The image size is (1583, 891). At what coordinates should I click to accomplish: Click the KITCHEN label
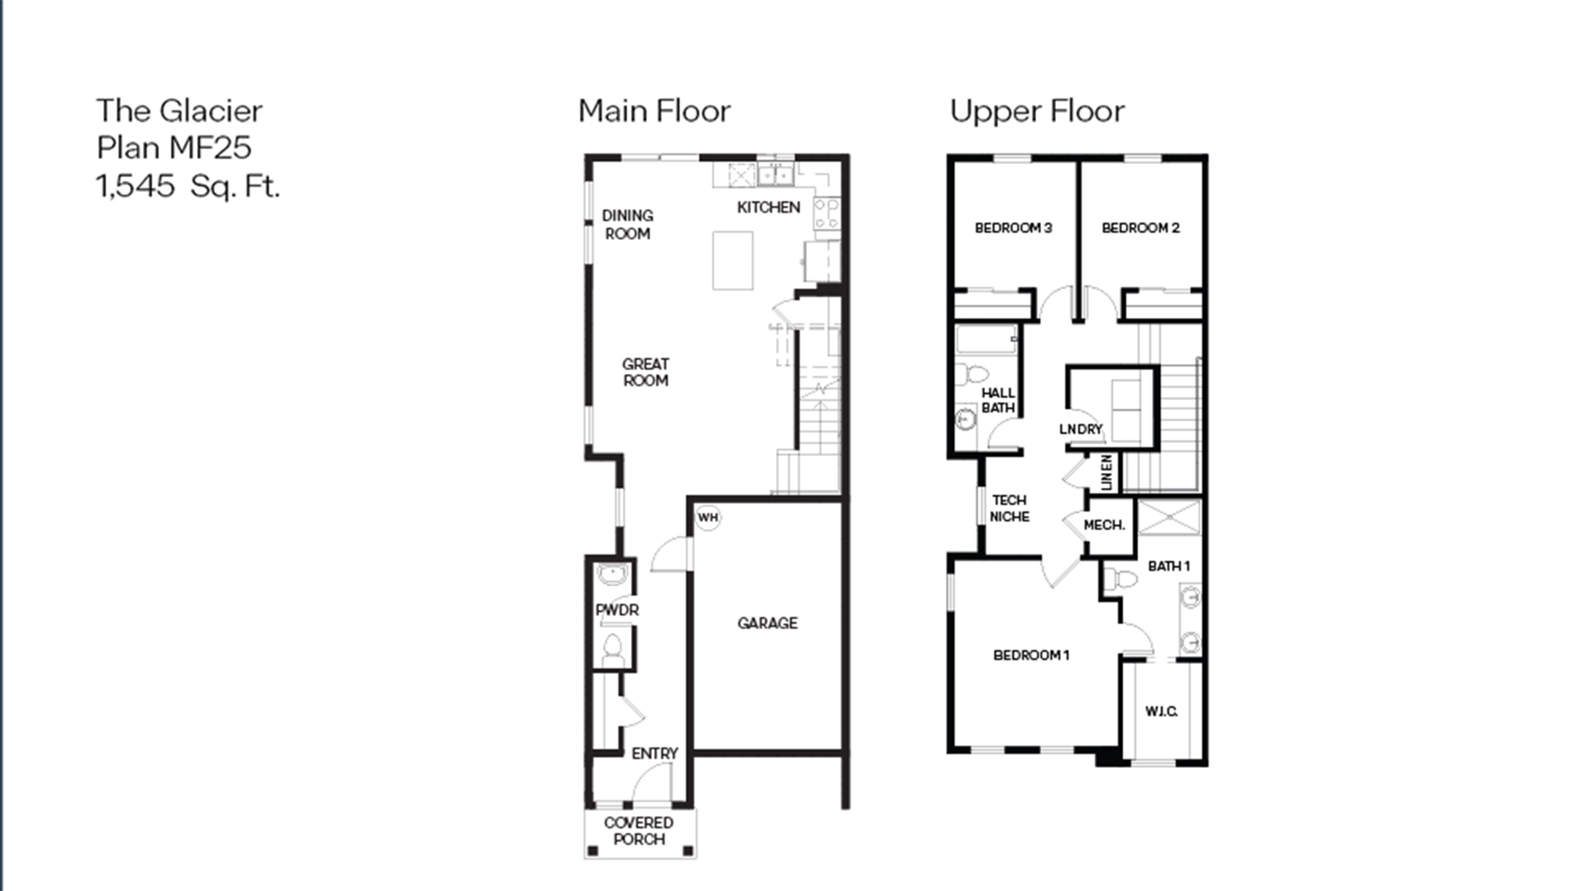pyautogui.click(x=768, y=207)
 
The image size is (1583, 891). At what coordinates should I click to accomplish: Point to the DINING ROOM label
pyautogui.click(x=627, y=224)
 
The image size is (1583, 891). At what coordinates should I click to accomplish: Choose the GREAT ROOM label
pyautogui.click(x=645, y=372)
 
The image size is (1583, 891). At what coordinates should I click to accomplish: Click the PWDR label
pyautogui.click(x=617, y=610)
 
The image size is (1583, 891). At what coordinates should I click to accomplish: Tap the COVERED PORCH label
pyautogui.click(x=638, y=831)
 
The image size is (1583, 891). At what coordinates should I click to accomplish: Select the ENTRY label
pyautogui.click(x=654, y=753)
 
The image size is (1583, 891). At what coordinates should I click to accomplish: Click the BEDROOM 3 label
pyautogui.click(x=1013, y=227)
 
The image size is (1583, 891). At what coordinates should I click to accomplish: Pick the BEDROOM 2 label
pyautogui.click(x=1140, y=227)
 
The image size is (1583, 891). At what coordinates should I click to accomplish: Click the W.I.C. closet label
pyautogui.click(x=1161, y=711)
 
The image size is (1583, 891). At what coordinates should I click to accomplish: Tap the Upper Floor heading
pyautogui.click(x=1037, y=111)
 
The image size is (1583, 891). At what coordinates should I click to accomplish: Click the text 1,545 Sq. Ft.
pyautogui.click(x=188, y=186)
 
